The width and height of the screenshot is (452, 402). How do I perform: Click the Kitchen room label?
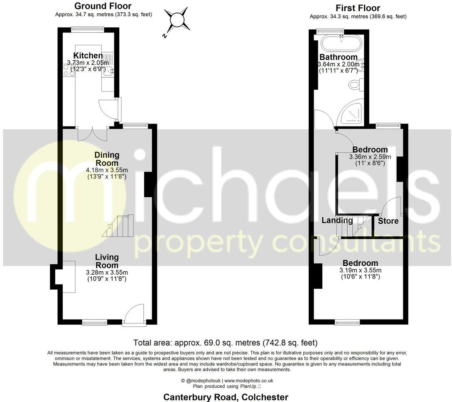(88, 56)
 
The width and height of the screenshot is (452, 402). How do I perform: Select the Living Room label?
(107, 261)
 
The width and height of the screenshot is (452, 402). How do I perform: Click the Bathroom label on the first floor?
(338, 57)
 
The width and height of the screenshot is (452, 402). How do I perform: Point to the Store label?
(388, 221)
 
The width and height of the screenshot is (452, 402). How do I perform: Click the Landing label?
(337, 221)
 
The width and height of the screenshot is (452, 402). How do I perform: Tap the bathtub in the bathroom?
(341, 42)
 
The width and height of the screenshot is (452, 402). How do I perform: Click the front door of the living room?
(134, 315)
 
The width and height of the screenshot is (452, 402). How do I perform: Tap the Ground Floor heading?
(103, 6)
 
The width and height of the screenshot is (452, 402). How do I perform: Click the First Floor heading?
(358, 8)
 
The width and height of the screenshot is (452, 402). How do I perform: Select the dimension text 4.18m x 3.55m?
(106, 170)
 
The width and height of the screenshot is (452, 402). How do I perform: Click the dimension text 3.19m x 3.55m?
(360, 270)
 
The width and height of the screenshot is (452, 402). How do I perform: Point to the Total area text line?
(225, 343)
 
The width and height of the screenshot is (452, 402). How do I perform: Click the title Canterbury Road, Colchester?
(226, 397)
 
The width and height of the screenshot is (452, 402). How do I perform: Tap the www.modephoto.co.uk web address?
(248, 380)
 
